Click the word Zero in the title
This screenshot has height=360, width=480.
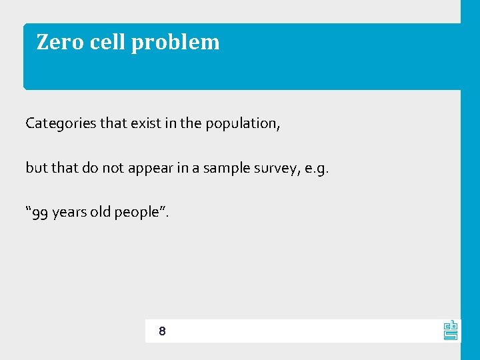59,42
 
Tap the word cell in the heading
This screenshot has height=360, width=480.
107,42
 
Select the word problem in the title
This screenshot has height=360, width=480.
175,43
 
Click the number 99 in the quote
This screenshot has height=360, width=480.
39,213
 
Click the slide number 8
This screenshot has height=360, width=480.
163,331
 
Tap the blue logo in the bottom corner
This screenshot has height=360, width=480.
451,330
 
